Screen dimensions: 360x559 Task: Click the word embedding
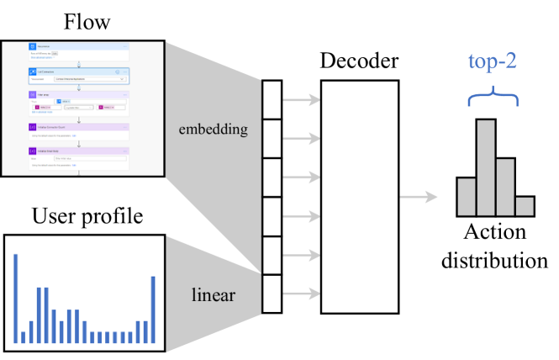213,130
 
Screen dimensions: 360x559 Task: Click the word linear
213,296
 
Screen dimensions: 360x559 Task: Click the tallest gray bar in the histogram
486,167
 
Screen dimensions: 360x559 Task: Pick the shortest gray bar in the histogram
525,206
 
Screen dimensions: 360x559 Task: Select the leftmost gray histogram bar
467,196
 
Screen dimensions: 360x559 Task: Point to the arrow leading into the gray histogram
418,198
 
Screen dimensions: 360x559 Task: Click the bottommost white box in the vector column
272,294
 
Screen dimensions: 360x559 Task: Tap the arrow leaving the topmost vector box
301,100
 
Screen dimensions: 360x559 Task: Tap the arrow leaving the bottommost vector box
301,294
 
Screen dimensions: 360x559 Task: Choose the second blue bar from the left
24,336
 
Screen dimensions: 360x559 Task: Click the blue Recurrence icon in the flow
32,47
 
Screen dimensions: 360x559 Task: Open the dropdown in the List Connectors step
123,79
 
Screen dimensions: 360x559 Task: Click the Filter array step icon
32,96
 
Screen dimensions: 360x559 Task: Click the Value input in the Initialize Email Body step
88,157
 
